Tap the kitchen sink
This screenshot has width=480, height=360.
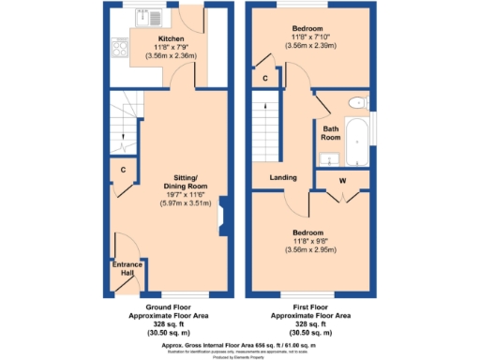click(x=146, y=17)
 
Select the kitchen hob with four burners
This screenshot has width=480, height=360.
click(x=120, y=46)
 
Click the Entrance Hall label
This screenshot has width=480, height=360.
click(x=127, y=269)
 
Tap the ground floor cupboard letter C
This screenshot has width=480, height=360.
click(x=124, y=170)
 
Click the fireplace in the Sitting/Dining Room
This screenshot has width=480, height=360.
click(x=220, y=217)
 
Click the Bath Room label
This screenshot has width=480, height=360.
click(x=330, y=133)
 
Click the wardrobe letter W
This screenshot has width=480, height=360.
click(x=342, y=179)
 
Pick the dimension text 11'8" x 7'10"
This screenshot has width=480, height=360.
click(x=308, y=37)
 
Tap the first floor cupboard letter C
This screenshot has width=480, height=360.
click(x=265, y=78)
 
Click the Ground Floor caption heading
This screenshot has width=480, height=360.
click(x=170, y=307)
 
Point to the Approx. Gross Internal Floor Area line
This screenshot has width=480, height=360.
click(x=240, y=344)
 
